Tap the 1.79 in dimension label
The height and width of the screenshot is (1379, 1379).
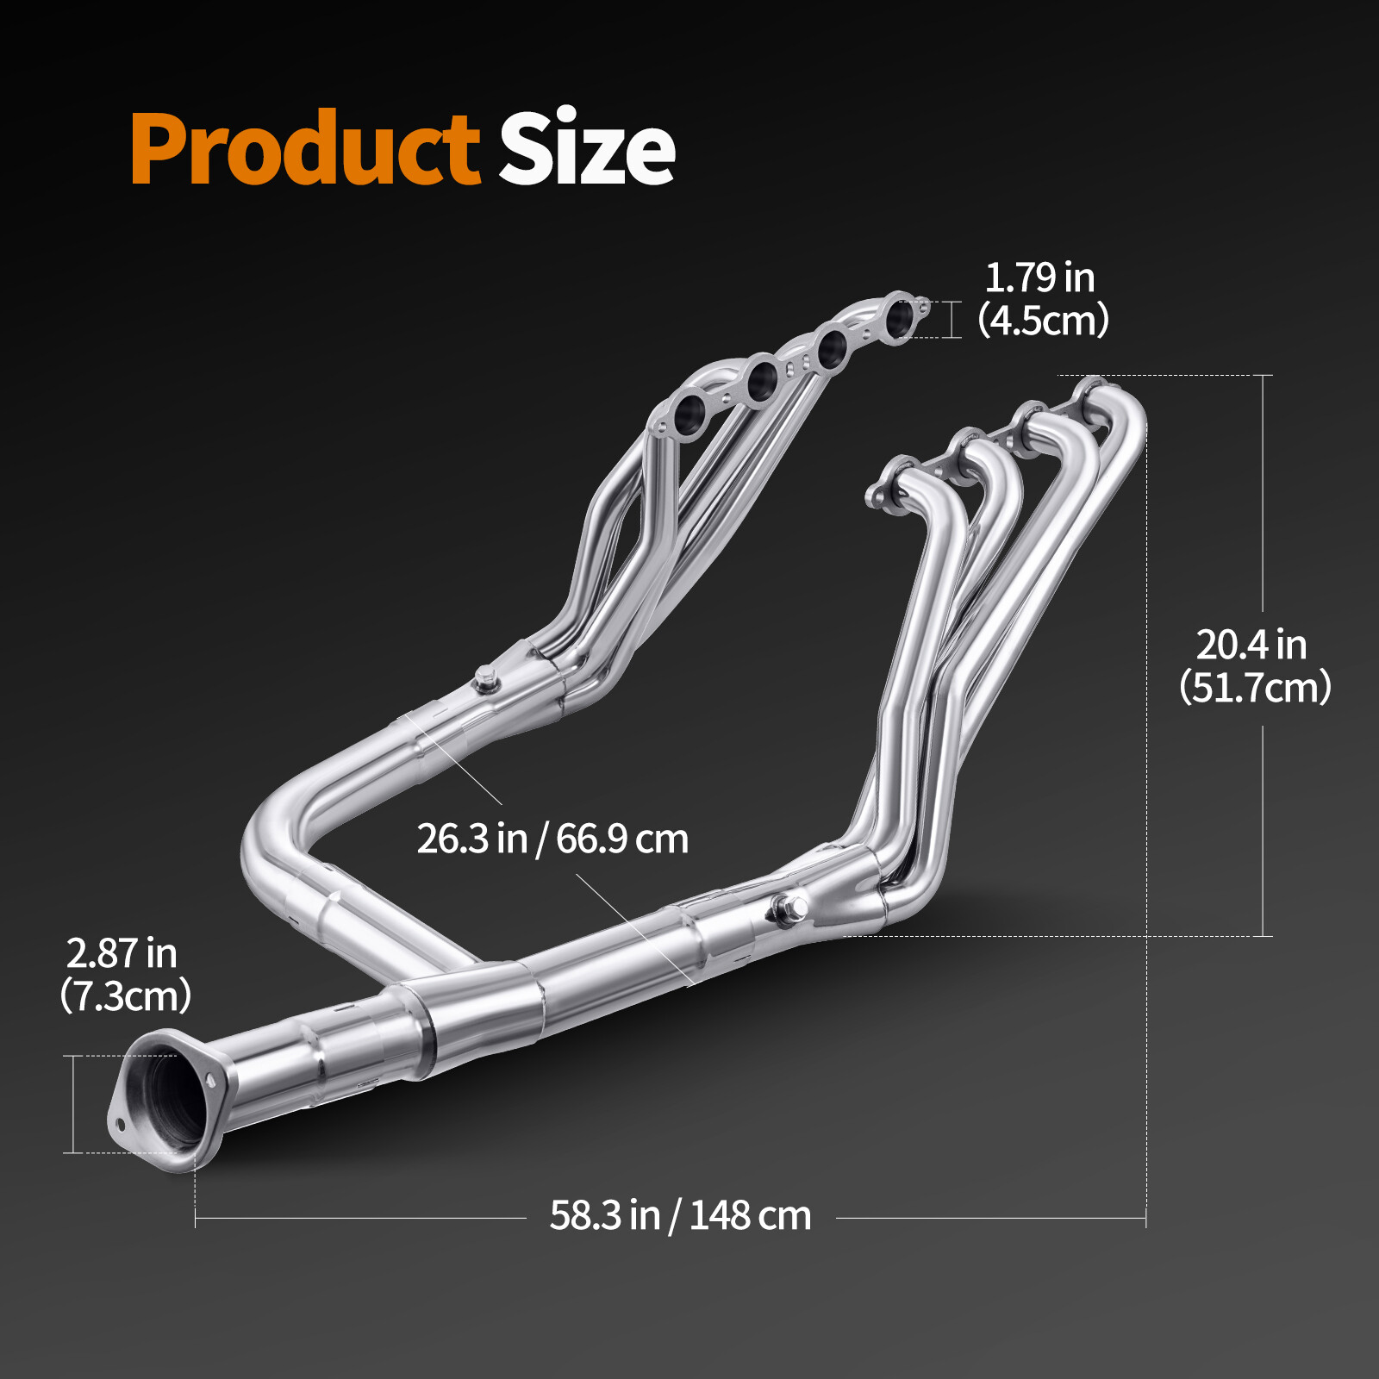click(x=1039, y=278)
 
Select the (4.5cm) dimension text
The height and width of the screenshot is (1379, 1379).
click(x=1044, y=321)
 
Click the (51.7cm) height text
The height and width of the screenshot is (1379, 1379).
click(x=1255, y=688)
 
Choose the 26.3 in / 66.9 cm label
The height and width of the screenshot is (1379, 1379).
click(x=552, y=839)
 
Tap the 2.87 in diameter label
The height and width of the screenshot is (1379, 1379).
click(x=122, y=953)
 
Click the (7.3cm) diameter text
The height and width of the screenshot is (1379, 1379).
click(x=126, y=996)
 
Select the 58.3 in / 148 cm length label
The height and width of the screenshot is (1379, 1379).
click(x=680, y=1216)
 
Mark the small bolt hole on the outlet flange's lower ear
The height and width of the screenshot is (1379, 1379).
click(x=120, y=1124)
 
